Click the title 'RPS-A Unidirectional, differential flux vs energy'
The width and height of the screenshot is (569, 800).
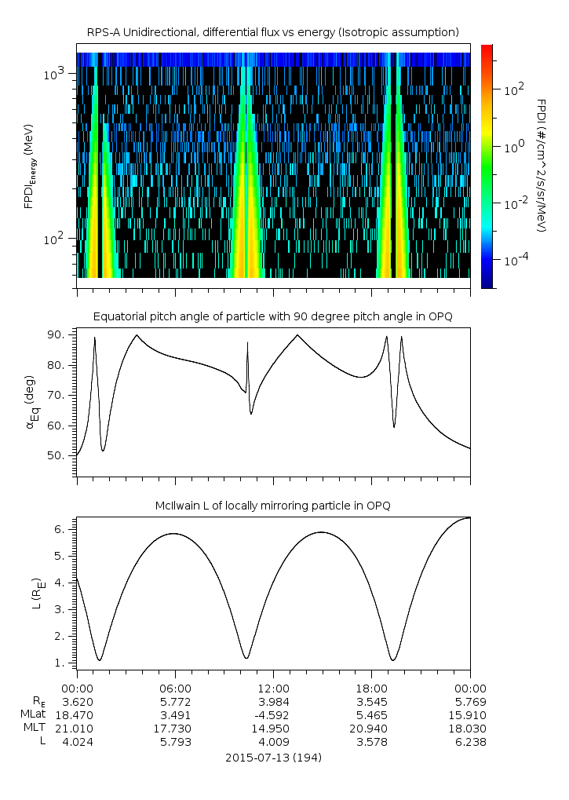click(x=272, y=32)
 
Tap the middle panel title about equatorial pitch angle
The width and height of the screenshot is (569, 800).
click(x=272, y=316)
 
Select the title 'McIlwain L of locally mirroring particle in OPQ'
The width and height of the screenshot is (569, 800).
click(x=272, y=505)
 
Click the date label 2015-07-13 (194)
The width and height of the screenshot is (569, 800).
click(x=272, y=758)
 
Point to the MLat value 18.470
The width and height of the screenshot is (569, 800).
click(x=77, y=715)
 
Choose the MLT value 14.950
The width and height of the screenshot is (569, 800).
click(x=272, y=729)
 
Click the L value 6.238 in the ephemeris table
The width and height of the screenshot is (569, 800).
click(x=469, y=743)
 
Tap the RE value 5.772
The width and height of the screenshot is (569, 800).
click(x=174, y=701)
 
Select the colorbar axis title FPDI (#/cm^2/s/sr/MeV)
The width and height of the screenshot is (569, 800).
click(x=541, y=166)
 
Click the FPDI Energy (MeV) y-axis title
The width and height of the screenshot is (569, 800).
click(x=29, y=166)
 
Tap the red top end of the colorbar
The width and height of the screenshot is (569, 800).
click(x=487, y=48)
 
